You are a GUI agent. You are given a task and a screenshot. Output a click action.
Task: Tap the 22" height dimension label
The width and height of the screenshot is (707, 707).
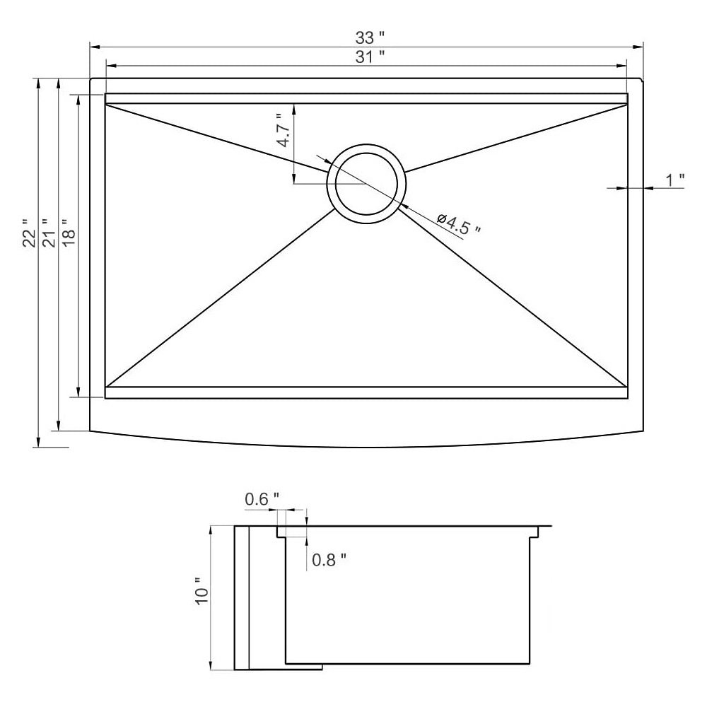coord(29,233)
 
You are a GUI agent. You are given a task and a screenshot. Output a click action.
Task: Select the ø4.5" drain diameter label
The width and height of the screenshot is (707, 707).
coord(459,223)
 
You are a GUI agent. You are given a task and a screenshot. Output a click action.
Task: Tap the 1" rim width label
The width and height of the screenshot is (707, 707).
coord(675,180)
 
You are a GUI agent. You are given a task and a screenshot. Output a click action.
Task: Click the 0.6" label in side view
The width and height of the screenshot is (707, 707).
coord(262,499)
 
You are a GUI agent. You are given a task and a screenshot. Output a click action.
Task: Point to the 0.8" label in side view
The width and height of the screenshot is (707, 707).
coord(329,560)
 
